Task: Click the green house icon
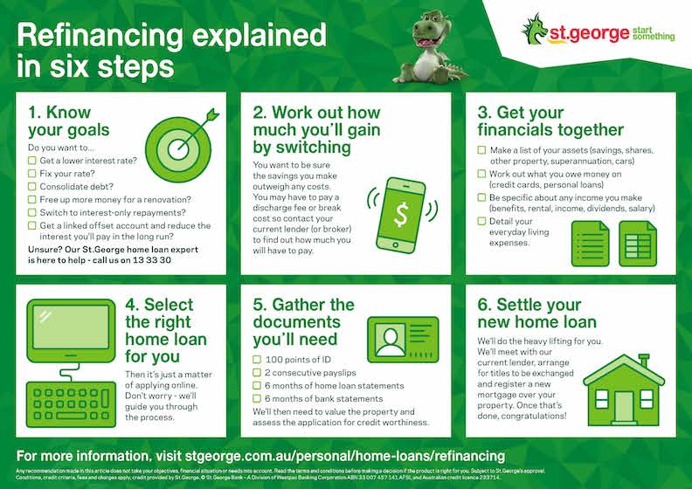coord(623,390)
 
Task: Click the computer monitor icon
coord(73,332)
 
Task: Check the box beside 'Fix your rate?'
coord(32,174)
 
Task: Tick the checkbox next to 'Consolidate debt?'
coord(32,186)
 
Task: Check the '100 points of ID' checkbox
coord(257,360)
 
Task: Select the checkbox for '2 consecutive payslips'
coord(257,373)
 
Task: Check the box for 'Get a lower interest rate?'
coord(32,161)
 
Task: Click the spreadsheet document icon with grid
coord(638,243)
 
